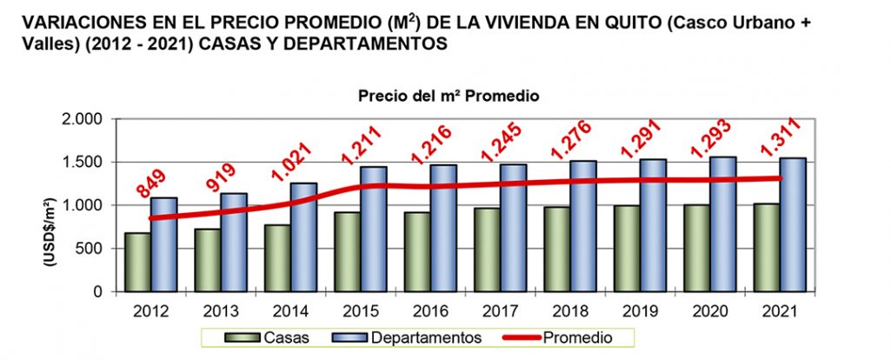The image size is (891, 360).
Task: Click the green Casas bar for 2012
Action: click(x=136, y=263)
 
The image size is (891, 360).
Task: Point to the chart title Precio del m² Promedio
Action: click(x=449, y=97)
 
